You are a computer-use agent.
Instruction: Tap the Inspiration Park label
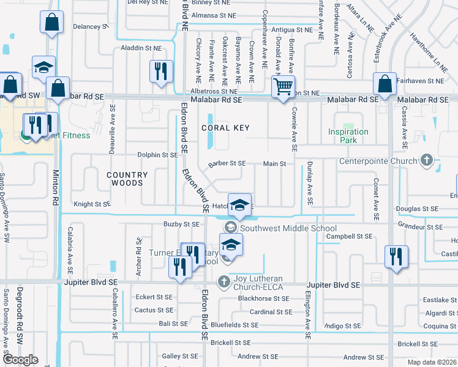(x=348, y=136)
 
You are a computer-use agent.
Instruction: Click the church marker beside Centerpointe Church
(x=427, y=161)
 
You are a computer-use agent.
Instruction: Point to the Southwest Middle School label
(x=288, y=228)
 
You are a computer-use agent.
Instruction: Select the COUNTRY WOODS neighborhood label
(x=127, y=179)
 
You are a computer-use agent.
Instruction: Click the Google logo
(x=21, y=359)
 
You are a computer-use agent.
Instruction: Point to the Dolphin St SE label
(x=157, y=155)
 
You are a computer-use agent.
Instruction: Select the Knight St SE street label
(x=92, y=204)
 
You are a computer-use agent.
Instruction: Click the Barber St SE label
(x=227, y=163)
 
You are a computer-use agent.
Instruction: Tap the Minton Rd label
(x=55, y=187)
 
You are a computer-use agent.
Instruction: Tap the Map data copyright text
(x=432, y=362)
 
